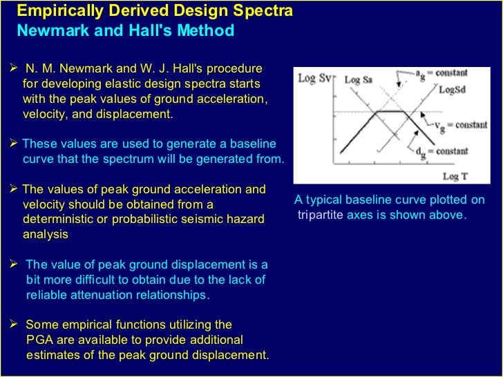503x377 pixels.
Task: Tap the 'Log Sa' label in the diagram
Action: (358, 80)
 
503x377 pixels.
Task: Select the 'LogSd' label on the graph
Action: (451, 90)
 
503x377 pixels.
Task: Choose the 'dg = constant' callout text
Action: (444, 151)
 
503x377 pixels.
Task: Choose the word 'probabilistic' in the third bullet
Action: (182, 220)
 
